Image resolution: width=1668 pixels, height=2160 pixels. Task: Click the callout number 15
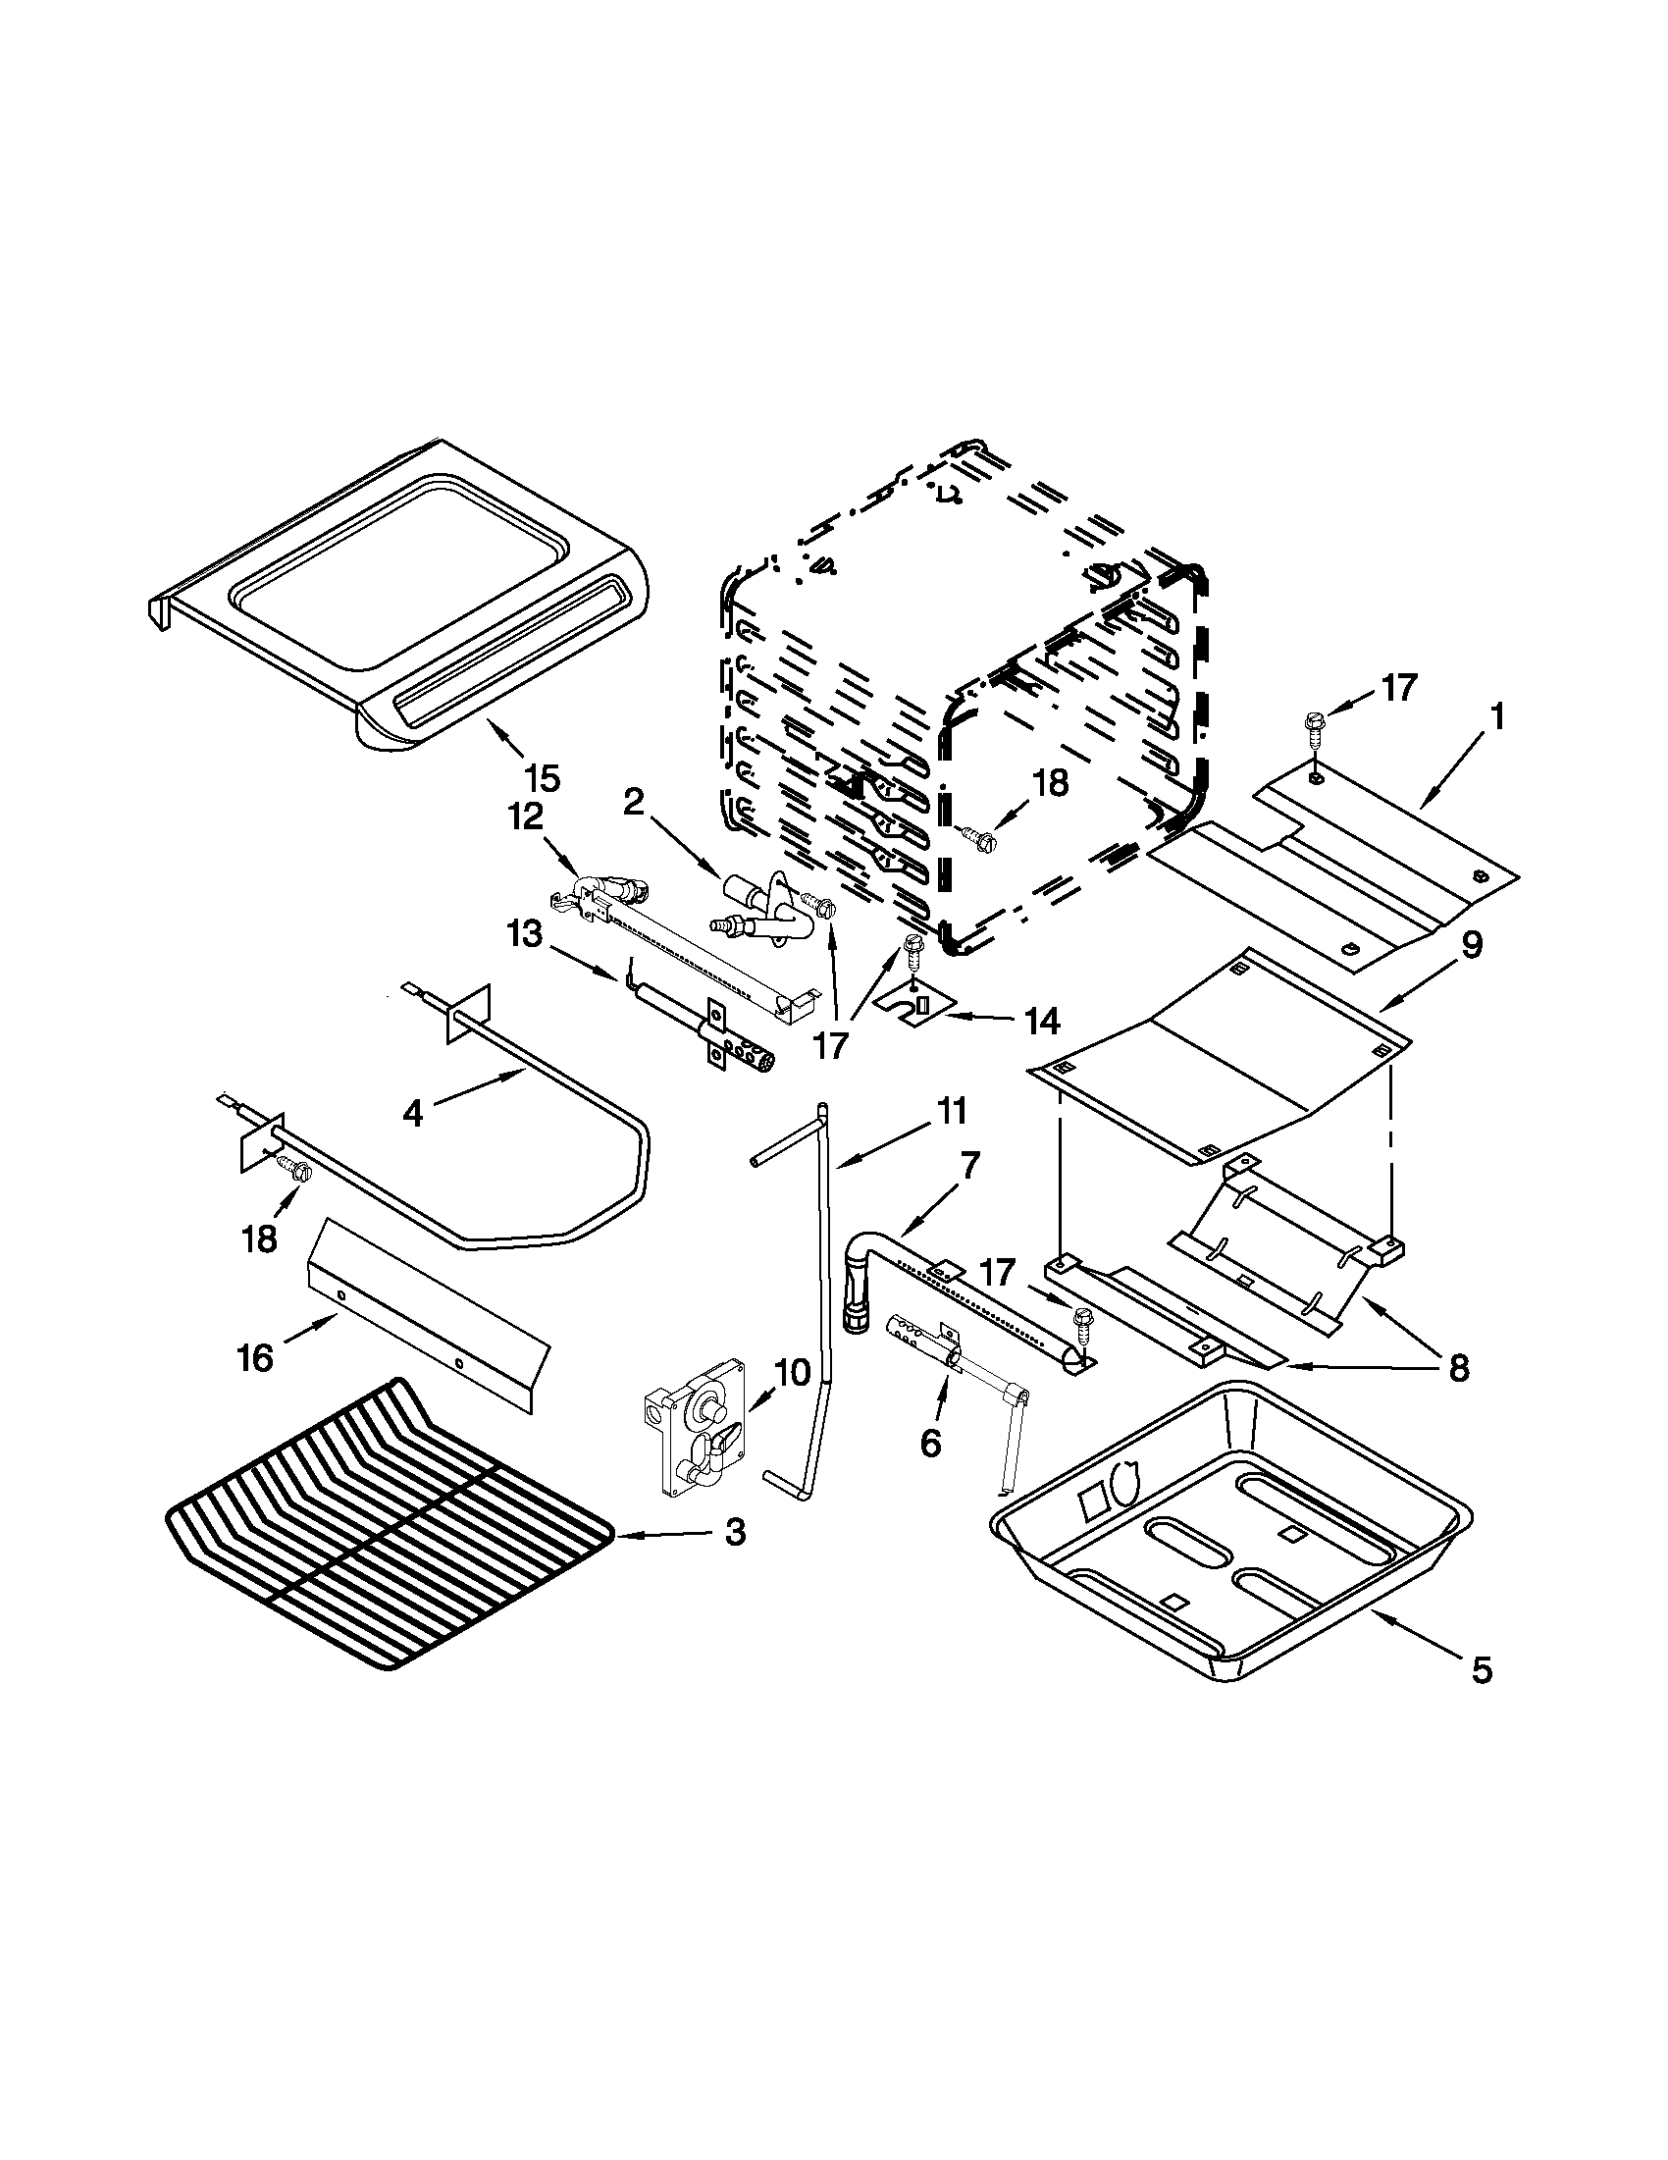(x=543, y=778)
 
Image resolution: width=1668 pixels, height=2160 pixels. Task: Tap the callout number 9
(x=1471, y=945)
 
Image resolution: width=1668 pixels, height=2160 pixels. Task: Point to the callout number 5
(x=1482, y=1670)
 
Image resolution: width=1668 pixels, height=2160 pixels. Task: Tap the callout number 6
(x=930, y=1443)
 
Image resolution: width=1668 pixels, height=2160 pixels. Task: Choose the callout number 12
(x=526, y=816)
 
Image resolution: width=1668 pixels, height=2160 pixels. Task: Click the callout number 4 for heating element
(x=413, y=1115)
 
